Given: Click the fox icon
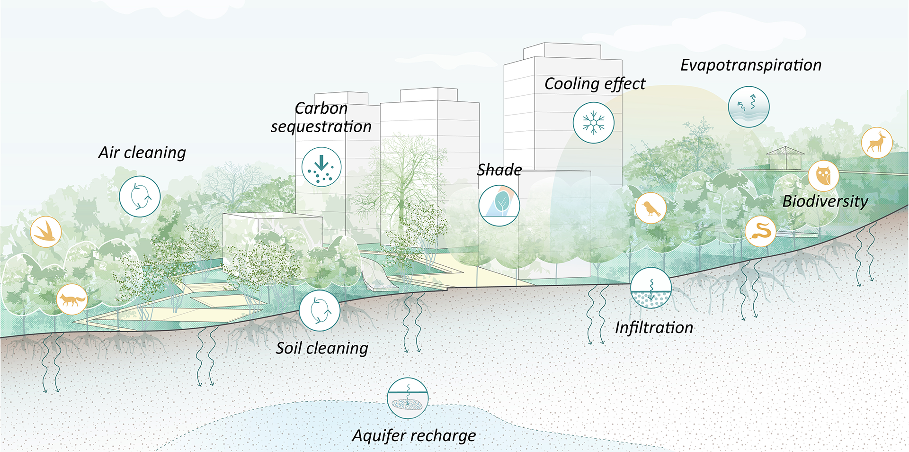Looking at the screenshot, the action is (72, 299).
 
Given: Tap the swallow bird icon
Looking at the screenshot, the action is (46, 232).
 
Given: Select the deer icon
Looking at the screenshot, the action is (877, 143).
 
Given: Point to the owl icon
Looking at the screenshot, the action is (824, 176).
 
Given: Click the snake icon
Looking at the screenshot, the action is (761, 232).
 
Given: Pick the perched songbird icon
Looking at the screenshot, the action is (651, 208).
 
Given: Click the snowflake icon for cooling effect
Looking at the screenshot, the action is (593, 123).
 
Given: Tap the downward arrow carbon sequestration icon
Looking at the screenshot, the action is (321, 167).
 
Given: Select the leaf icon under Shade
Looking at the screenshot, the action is (499, 205).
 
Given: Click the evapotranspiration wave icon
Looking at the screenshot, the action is (749, 107).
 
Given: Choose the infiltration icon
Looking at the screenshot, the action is (651, 288).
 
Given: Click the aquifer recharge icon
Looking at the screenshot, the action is (408, 398).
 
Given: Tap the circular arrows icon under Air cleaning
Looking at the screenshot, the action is (140, 197).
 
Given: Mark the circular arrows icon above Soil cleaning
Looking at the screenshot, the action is (320, 310).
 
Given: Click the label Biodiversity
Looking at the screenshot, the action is (825, 201).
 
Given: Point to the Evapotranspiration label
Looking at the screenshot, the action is (751, 65).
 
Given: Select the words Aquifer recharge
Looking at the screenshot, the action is (414, 435).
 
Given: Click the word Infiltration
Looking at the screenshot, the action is (654, 327).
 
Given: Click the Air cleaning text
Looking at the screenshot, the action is (142, 153).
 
